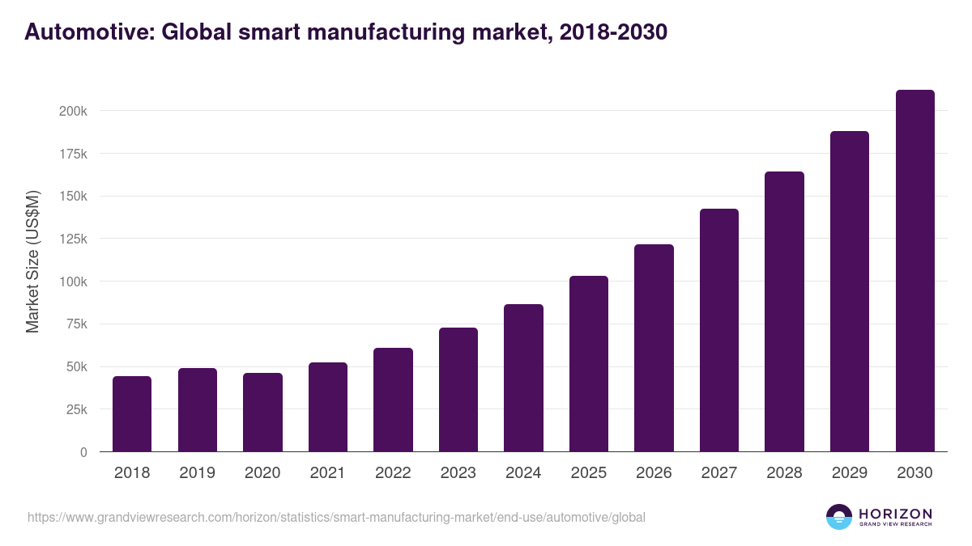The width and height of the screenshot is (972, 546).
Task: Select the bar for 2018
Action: tap(132, 413)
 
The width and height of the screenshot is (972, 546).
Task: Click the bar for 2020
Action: tap(262, 412)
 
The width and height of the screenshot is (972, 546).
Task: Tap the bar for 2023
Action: tap(458, 389)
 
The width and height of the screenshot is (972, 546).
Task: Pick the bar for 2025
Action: tap(589, 363)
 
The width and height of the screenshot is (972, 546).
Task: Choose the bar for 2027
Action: tap(719, 330)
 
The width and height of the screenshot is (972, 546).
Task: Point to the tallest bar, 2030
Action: tap(914, 270)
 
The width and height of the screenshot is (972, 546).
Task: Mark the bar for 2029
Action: tap(850, 291)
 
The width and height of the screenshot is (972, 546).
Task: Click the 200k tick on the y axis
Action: tap(73, 111)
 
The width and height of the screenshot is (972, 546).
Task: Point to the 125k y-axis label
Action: tap(73, 239)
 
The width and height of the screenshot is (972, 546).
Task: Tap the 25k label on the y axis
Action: tap(76, 409)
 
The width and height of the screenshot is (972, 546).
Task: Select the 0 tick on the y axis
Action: tap(83, 452)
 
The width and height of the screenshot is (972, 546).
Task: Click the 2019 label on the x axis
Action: tap(197, 473)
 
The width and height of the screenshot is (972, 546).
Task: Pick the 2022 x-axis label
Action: tap(393, 473)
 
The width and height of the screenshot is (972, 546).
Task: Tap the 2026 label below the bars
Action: tap(654, 473)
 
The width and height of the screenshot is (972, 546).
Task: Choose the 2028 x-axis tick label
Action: tap(784, 473)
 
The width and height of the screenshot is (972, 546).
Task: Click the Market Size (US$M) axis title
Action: tap(32, 262)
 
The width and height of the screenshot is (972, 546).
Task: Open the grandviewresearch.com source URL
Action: tap(336, 517)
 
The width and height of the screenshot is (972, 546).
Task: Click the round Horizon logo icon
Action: tap(838, 517)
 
